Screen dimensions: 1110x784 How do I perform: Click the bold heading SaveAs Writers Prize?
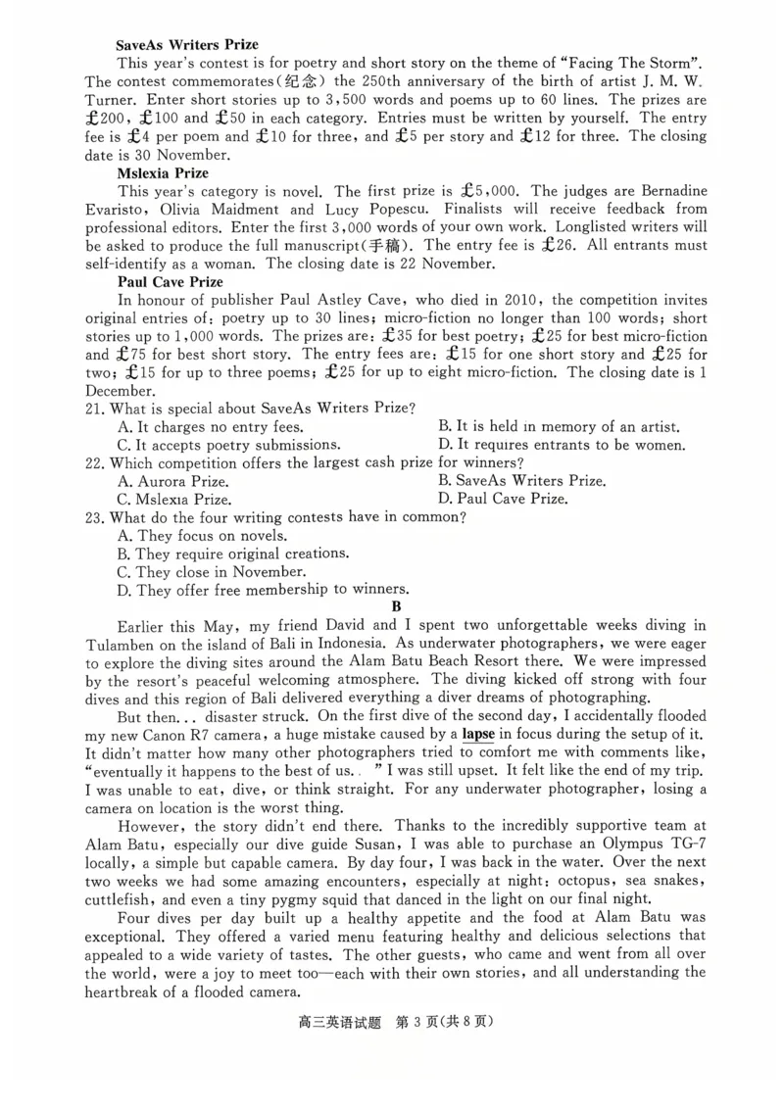pos(187,45)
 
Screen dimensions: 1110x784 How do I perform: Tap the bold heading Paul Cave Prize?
pos(169,282)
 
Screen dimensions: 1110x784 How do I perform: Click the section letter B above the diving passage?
pos(396,606)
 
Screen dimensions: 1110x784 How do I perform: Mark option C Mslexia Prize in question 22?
pos(173,499)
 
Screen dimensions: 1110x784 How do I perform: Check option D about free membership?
pos(262,590)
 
